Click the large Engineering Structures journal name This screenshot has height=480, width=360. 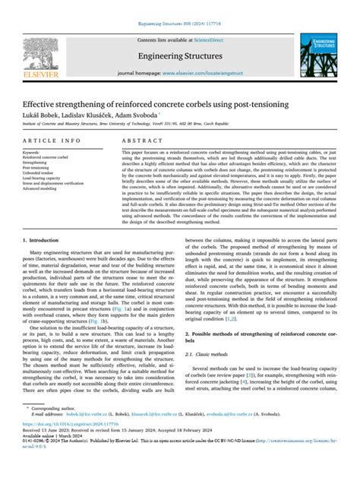click(x=179, y=55)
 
